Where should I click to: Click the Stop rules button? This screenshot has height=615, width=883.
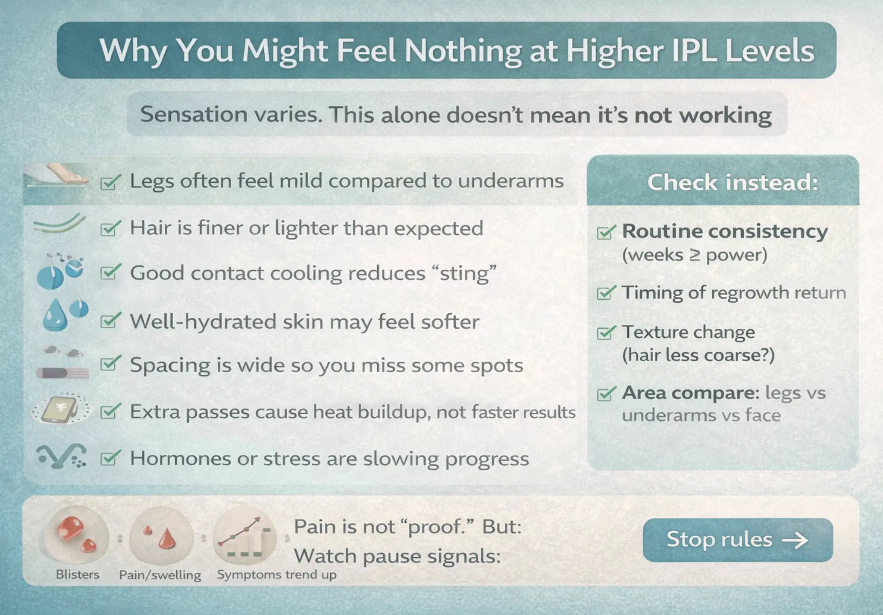(x=737, y=540)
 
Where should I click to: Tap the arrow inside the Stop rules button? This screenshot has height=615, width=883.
(x=795, y=540)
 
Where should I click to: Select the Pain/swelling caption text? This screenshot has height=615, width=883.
(x=160, y=575)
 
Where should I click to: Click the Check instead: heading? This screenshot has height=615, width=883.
(x=733, y=182)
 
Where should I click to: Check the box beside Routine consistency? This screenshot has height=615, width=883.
(x=606, y=233)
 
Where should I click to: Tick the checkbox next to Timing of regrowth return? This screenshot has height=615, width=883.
(x=606, y=293)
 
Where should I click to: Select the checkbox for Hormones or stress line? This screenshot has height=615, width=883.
(x=110, y=459)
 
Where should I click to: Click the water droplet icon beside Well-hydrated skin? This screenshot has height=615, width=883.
(x=55, y=317)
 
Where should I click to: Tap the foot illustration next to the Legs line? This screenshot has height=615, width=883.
(x=65, y=175)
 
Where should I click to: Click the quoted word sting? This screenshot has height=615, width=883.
(x=464, y=273)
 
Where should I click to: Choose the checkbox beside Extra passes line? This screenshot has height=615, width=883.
(x=110, y=412)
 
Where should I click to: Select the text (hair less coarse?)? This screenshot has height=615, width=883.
(x=698, y=355)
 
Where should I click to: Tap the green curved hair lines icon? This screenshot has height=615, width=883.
(x=59, y=224)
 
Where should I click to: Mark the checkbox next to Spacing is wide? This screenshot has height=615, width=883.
(x=110, y=365)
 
